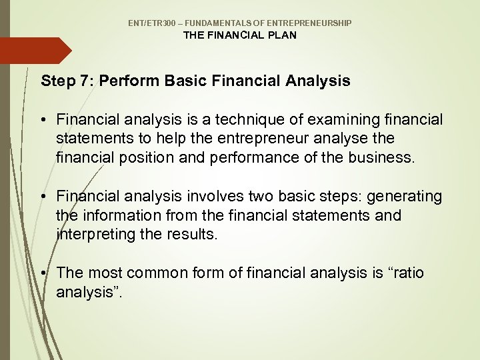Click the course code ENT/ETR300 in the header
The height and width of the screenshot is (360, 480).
[151, 23]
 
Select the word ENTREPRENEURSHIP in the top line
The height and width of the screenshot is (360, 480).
[312, 23]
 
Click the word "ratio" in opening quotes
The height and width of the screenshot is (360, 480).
[406, 273]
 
